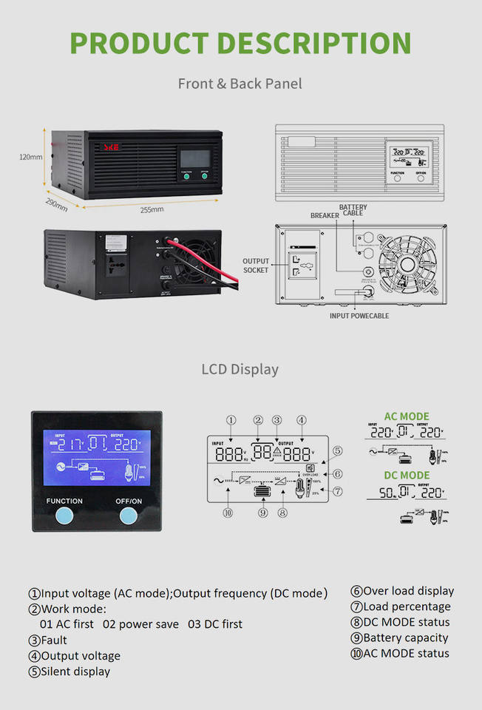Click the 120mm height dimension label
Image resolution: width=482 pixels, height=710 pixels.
(x=31, y=157)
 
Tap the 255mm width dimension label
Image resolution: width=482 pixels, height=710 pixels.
(x=152, y=209)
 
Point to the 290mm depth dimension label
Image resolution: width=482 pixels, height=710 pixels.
(x=56, y=204)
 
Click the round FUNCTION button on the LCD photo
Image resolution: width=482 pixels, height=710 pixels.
(x=64, y=515)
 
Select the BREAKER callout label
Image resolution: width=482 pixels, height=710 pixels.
(x=325, y=215)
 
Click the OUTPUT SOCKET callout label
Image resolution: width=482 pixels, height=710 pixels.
(x=256, y=266)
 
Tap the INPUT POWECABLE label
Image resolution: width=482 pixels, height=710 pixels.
(x=359, y=316)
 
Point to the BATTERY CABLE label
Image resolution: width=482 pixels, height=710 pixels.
(x=353, y=210)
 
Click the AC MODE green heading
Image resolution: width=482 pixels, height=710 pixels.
(x=406, y=416)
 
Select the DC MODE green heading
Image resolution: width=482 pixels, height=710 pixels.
(x=406, y=475)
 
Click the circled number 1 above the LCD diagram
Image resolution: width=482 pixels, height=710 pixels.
(x=231, y=420)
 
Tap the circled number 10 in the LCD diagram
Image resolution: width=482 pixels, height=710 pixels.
(x=228, y=512)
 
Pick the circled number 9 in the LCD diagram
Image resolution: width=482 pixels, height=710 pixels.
(x=262, y=512)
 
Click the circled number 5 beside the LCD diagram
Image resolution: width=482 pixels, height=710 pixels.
(x=337, y=450)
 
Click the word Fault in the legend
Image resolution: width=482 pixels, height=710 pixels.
(x=54, y=640)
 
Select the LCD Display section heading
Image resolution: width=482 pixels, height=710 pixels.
(x=240, y=368)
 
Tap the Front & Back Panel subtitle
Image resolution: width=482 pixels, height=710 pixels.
(x=240, y=84)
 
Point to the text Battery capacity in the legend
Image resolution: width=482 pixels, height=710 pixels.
(x=405, y=638)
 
